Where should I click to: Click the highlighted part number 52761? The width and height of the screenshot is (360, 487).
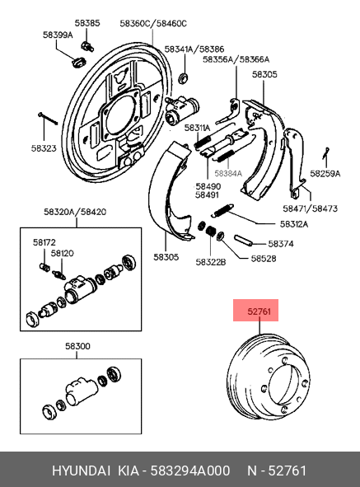click(x=259, y=311)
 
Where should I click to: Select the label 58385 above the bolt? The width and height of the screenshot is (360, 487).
click(x=87, y=23)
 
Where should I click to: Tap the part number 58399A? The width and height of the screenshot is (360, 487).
click(x=58, y=35)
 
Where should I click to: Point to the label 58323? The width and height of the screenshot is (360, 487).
click(x=44, y=148)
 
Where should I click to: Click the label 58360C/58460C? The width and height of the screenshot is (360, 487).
click(x=153, y=24)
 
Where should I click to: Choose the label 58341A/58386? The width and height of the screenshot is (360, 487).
click(x=194, y=49)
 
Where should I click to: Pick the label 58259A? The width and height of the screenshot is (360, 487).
click(x=325, y=174)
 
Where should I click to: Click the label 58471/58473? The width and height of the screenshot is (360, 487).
click(x=310, y=208)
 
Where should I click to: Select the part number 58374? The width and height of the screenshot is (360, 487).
click(x=281, y=244)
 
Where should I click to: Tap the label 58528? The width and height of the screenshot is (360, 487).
click(x=264, y=259)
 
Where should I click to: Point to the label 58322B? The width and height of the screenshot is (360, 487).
click(x=211, y=262)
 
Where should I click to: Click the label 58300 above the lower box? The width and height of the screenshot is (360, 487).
click(x=77, y=346)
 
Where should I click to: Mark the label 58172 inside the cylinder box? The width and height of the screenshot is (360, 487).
click(x=44, y=242)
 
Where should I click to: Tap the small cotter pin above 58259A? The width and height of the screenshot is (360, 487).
click(x=325, y=152)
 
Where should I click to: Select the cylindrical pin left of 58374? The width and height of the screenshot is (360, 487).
click(x=242, y=240)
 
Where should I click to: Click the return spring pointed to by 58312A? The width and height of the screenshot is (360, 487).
click(x=222, y=210)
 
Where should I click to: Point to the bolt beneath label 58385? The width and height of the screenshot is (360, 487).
click(x=87, y=46)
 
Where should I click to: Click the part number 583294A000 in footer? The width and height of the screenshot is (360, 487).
click(x=190, y=471)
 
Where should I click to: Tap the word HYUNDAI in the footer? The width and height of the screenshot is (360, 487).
click(x=81, y=471)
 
